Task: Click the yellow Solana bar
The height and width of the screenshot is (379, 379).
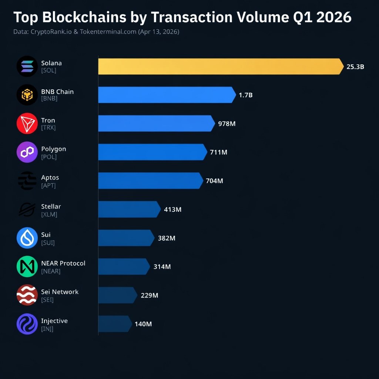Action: (x=220, y=66)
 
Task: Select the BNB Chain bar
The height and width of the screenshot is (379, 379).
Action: (x=166, y=95)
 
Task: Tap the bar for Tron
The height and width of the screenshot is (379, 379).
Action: (x=156, y=123)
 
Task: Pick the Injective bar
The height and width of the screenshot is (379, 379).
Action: (x=114, y=324)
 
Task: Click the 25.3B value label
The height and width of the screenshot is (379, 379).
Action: (x=355, y=67)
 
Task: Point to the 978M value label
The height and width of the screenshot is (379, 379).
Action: (x=227, y=124)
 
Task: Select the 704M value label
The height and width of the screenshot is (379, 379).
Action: (x=214, y=181)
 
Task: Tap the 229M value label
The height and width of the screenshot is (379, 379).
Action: (x=150, y=295)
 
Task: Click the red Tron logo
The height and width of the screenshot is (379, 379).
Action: (x=27, y=124)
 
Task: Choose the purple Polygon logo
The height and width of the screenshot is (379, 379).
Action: (x=27, y=152)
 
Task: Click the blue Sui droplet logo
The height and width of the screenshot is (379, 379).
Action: (x=27, y=238)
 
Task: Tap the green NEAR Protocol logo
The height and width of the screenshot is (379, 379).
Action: (x=27, y=266)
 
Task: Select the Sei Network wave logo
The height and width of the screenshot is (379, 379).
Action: (x=27, y=295)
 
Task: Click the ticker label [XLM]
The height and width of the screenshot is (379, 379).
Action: (x=49, y=214)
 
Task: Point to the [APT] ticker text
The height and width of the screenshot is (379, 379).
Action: (x=48, y=185)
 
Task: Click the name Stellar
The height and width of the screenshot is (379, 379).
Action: (x=51, y=206)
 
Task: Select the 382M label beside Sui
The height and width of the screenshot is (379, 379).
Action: (x=167, y=238)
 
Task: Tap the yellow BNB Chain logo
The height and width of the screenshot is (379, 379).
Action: (x=27, y=95)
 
